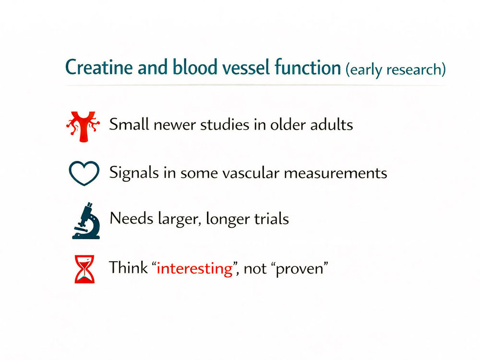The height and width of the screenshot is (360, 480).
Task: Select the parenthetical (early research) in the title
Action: [396, 69]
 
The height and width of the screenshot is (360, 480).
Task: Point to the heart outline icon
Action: [84, 172]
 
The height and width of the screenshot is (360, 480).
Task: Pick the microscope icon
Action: [86, 220]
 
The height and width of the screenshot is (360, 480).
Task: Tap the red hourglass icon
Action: [84, 268]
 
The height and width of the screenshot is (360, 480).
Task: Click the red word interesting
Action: [194, 268]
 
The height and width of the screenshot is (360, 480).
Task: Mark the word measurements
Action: [336, 172]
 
